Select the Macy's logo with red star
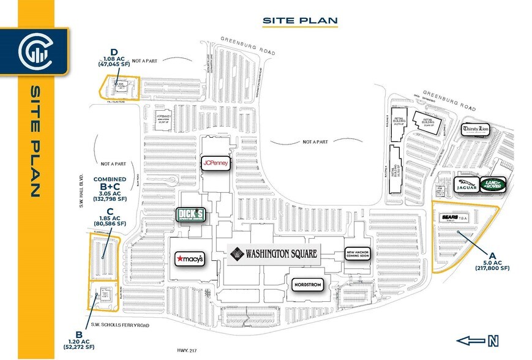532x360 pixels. point(189,258)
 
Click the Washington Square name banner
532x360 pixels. point(274,253)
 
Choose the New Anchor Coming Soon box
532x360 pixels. point(359,253)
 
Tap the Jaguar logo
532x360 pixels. point(465,185)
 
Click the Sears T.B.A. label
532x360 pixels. point(456,217)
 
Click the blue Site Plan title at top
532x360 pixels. point(300,20)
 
